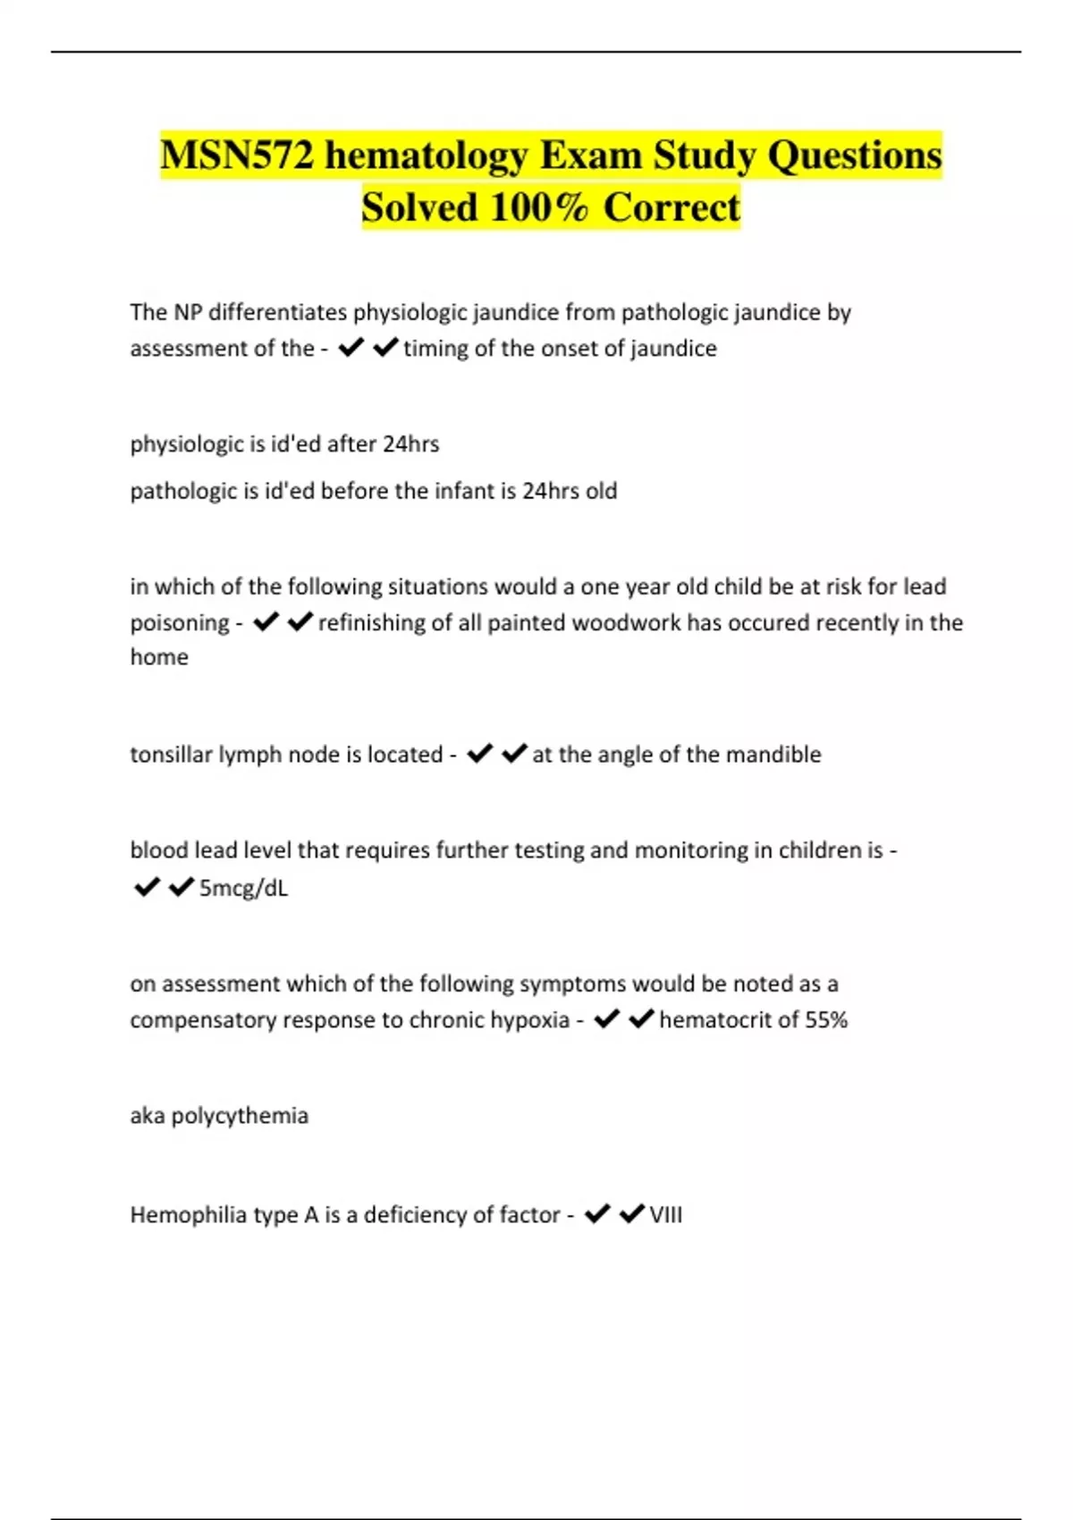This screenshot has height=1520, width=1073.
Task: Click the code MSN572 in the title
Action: [x=238, y=156]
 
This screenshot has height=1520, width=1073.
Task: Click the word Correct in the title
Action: [x=672, y=207]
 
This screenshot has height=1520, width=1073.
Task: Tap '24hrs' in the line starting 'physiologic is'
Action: [x=410, y=444]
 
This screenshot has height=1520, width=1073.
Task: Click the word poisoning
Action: [x=180, y=623]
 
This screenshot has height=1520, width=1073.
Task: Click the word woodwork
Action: [x=626, y=622]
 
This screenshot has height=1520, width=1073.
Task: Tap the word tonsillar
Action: [x=171, y=755]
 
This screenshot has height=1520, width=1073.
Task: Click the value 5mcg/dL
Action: [x=243, y=888]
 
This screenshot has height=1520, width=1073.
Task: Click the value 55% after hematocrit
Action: [x=825, y=1020]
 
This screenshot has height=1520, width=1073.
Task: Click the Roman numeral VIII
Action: [x=665, y=1215]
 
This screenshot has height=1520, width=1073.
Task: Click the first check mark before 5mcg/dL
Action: [x=146, y=887]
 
